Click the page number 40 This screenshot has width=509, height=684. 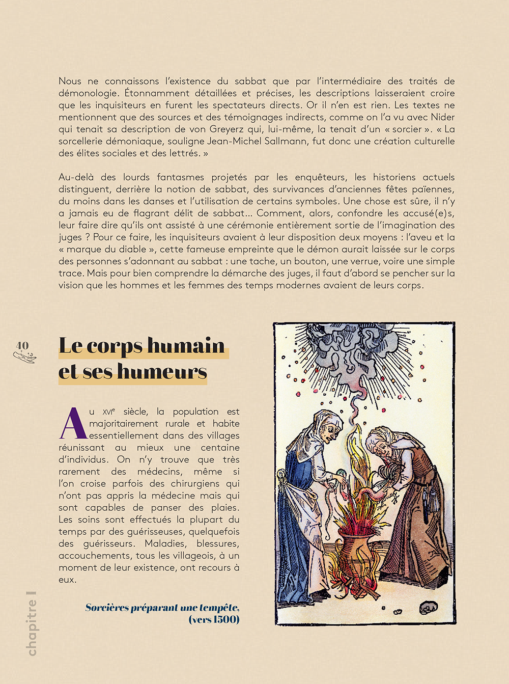pyautogui.click(x=22, y=346)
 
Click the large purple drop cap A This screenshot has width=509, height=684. pyautogui.click(x=73, y=424)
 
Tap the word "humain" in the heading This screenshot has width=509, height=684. pyautogui.click(x=186, y=346)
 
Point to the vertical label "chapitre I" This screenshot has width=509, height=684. pyautogui.click(x=32, y=623)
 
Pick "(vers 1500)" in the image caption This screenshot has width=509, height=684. pyautogui.click(x=214, y=620)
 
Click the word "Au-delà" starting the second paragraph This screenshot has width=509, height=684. pyautogui.click(x=76, y=177)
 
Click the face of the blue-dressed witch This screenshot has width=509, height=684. pyautogui.click(x=331, y=430)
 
